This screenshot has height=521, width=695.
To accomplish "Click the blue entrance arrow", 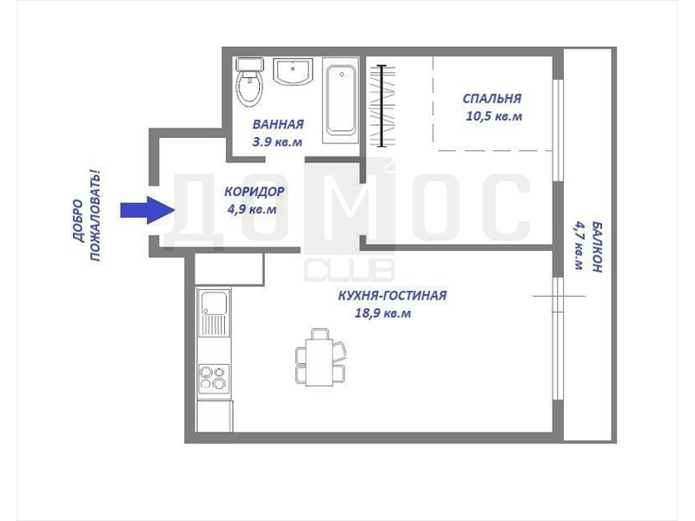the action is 147,210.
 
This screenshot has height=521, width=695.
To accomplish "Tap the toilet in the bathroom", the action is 249,82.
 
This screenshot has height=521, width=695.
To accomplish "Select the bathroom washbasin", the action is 293,71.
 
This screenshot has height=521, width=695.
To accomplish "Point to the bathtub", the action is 341,101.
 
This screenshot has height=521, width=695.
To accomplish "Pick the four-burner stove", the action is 213,377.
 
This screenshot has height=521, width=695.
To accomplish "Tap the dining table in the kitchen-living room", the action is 320,362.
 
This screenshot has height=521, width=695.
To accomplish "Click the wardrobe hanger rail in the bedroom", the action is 381,105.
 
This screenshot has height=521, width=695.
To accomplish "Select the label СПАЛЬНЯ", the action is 492,98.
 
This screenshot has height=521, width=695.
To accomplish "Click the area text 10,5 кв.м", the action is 493,116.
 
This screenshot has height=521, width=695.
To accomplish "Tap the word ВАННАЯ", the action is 278,124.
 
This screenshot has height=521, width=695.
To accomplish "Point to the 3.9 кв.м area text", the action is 277,142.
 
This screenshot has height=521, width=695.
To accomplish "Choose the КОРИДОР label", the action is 255,191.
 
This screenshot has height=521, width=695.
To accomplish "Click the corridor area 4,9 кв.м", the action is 252,209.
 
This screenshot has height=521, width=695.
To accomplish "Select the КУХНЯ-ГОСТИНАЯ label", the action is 393,295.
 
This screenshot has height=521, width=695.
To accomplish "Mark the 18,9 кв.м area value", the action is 383,313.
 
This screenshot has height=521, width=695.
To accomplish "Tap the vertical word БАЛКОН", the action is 597,247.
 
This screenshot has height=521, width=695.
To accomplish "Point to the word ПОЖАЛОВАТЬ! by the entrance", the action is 96,216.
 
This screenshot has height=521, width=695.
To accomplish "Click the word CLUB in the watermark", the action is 349,271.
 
